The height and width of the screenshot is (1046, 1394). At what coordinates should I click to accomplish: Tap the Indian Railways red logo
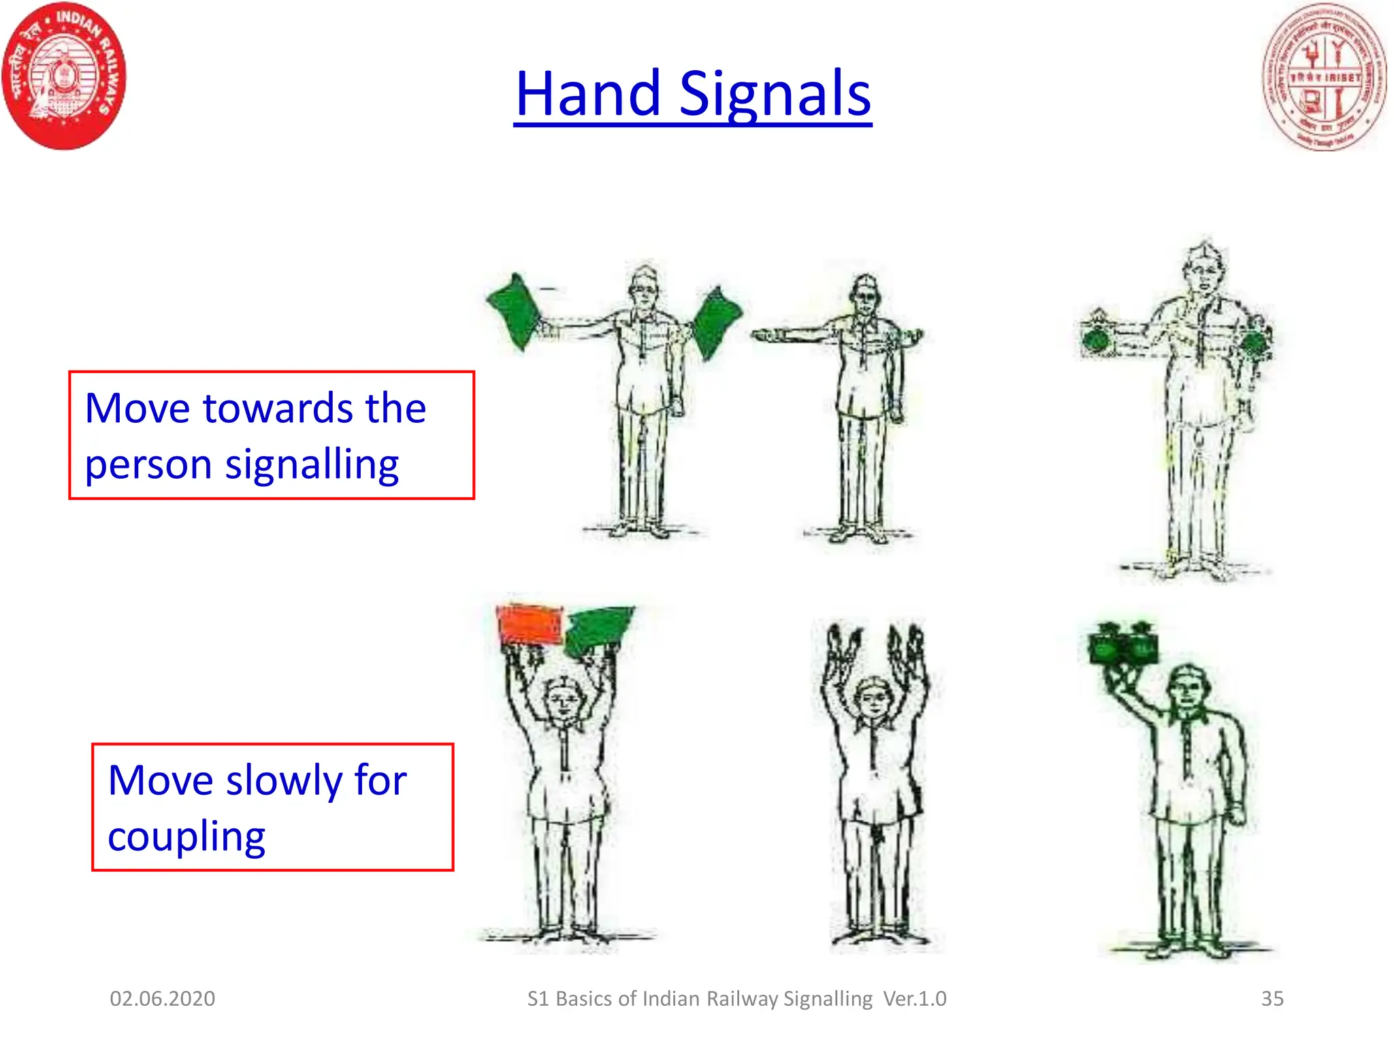click(x=65, y=76)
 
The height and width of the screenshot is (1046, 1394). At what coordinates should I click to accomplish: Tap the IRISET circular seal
click(x=1324, y=76)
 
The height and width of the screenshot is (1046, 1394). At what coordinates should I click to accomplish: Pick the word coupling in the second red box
click(x=187, y=837)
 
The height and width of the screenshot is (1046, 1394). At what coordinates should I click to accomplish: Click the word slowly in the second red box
click(x=285, y=780)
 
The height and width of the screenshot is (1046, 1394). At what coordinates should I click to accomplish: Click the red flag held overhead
click(x=530, y=624)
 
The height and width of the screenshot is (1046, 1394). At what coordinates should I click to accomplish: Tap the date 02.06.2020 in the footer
click(x=162, y=998)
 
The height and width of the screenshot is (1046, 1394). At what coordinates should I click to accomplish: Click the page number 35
click(x=1272, y=998)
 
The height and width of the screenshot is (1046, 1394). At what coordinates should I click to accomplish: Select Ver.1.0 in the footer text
click(x=915, y=998)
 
